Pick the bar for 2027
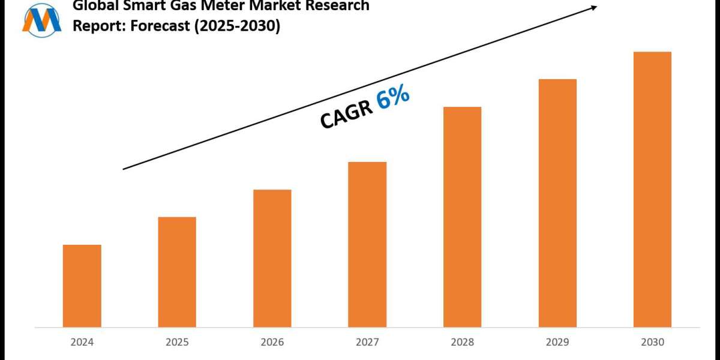pos(367,244)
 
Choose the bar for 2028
pos(462,217)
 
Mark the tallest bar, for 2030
pos(652,189)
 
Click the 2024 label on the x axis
pos(82,343)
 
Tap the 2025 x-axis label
pos(177,343)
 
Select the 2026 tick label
pos(272,343)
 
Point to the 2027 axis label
pos(367,343)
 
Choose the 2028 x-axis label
pos(462,343)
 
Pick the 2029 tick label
pos(557,343)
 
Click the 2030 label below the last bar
pos(652,343)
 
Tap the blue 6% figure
pos(393,97)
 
